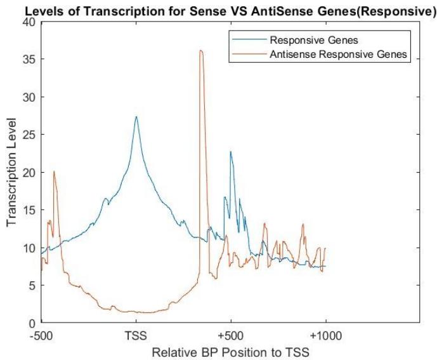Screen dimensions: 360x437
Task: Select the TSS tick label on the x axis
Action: point(136,335)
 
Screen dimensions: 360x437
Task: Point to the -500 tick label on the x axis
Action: point(41,335)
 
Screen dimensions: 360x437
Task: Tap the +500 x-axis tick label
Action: point(231,335)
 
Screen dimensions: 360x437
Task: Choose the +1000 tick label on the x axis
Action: point(325,335)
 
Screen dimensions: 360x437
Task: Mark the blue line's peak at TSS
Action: point(136,117)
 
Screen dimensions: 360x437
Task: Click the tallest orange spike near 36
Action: point(201,51)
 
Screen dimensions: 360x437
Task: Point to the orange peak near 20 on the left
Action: point(54,171)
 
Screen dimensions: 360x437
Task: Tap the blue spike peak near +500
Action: point(231,152)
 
